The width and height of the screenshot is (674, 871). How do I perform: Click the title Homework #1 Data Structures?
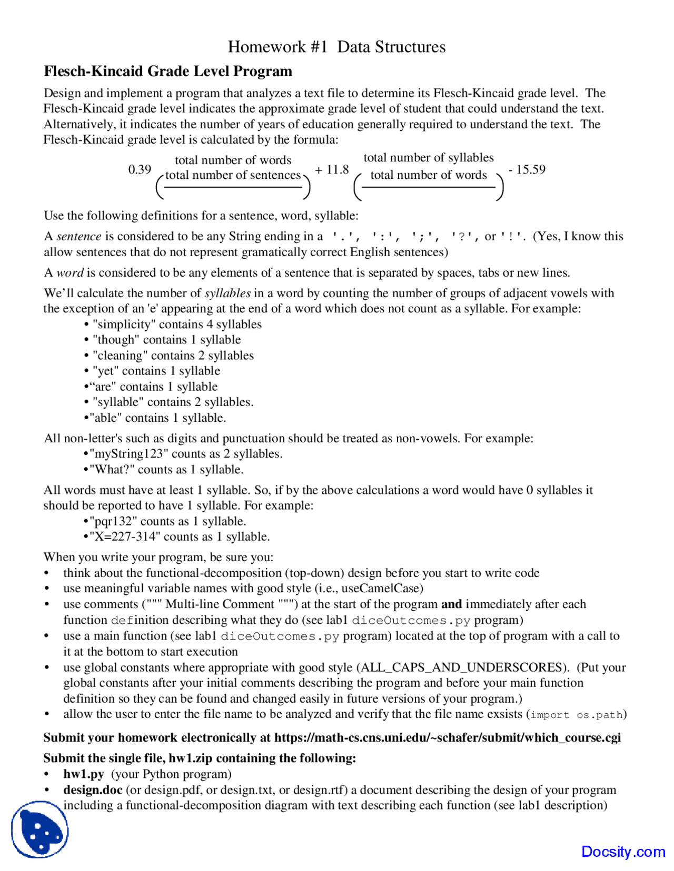(x=336, y=47)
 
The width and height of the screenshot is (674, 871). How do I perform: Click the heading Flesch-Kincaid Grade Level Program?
(x=167, y=71)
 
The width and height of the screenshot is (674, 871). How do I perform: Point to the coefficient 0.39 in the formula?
(x=140, y=169)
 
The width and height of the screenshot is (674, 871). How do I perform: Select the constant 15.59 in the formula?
(x=530, y=169)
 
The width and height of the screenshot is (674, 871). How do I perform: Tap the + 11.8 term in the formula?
(x=332, y=169)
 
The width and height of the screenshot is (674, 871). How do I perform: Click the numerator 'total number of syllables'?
(x=428, y=157)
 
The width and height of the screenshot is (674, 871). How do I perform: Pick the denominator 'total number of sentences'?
(x=233, y=175)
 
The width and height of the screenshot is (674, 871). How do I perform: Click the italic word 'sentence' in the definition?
(x=79, y=236)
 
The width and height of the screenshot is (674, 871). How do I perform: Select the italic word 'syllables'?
(x=227, y=293)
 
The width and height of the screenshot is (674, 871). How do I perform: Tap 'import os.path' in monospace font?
(x=577, y=715)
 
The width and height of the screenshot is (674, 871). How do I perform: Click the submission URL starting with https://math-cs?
(x=447, y=737)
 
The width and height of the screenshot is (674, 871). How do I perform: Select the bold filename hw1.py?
(x=84, y=774)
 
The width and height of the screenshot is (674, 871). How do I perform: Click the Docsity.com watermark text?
(x=623, y=852)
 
